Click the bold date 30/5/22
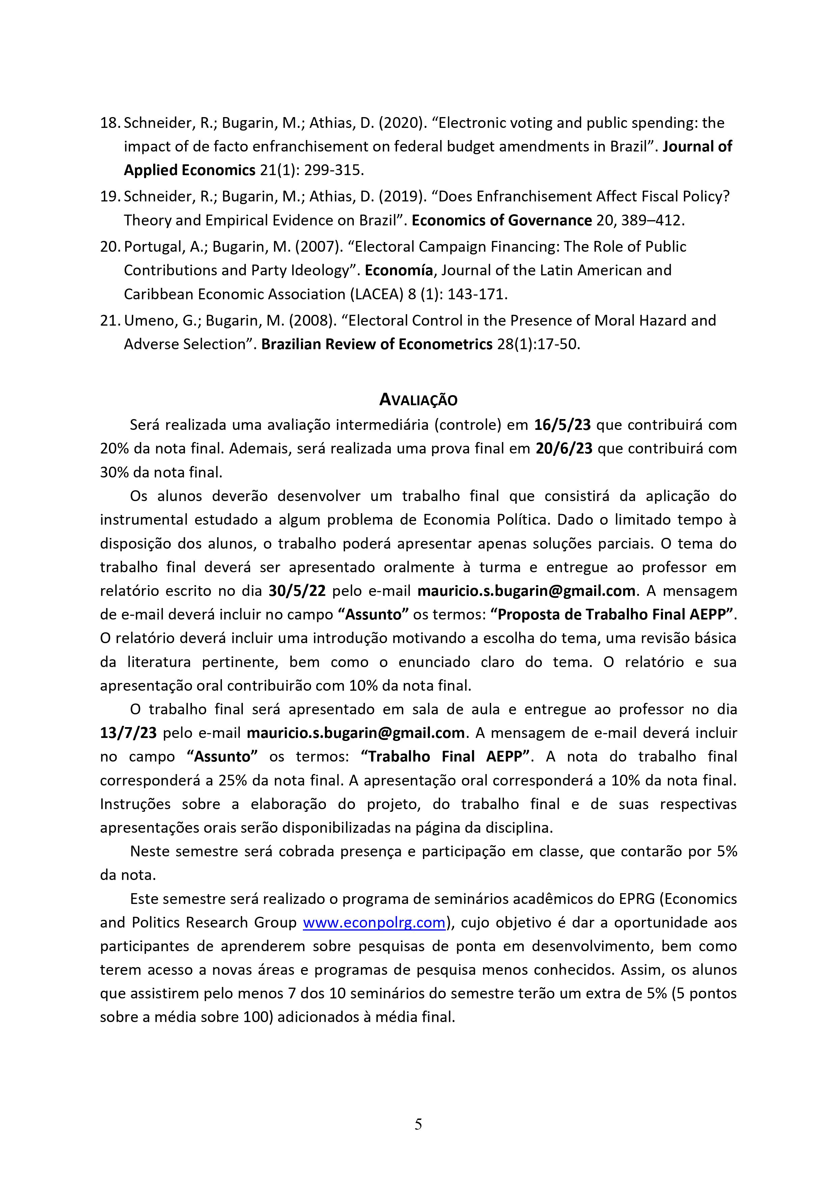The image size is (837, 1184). [x=297, y=590]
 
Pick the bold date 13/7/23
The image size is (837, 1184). [x=129, y=733]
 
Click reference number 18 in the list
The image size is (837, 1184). [x=109, y=123]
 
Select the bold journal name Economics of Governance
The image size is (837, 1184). [x=502, y=220]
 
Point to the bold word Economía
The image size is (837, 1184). [x=399, y=270]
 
